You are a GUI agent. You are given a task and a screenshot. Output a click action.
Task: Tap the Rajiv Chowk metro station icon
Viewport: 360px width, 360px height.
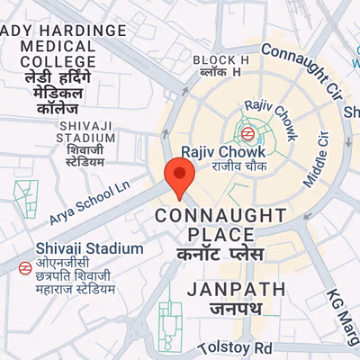coord(246,132)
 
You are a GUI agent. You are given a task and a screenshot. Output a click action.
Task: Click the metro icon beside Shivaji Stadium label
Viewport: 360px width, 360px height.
coord(23,268)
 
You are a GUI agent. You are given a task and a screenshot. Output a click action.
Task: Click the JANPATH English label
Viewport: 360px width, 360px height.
coord(236,289)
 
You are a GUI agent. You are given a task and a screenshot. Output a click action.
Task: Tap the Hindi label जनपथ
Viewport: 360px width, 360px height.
coord(236,309)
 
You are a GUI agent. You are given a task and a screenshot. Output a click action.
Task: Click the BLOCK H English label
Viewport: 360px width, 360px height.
coord(220,59)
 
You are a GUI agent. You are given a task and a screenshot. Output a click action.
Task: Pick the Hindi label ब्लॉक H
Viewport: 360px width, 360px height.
coord(220,72)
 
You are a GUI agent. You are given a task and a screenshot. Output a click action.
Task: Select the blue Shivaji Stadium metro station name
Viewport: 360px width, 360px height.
coord(89,247)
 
